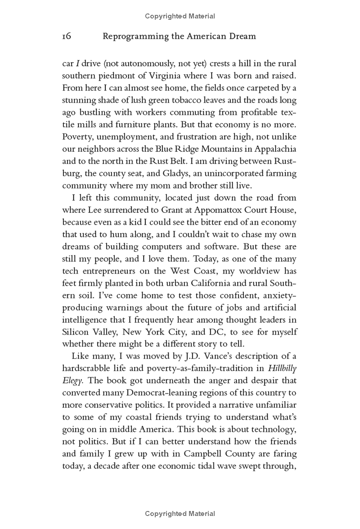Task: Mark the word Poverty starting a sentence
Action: tap(76, 137)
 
